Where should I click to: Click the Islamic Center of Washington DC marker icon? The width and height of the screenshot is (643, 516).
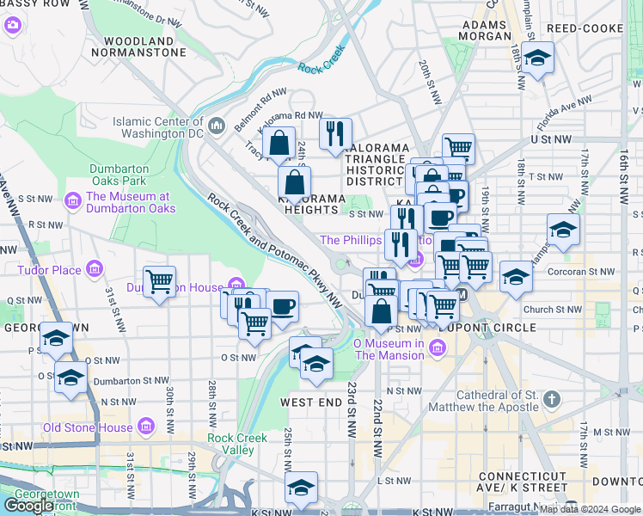pyautogui.click(x=216, y=127)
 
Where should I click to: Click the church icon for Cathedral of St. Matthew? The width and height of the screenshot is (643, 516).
pyautogui.click(x=552, y=401)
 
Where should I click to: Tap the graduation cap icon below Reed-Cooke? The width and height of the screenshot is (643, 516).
pyautogui.click(x=537, y=58)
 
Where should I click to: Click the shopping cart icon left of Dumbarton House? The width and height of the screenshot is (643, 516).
pyautogui.click(x=160, y=281)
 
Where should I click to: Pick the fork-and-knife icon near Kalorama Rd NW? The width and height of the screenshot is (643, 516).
pyautogui.click(x=335, y=133)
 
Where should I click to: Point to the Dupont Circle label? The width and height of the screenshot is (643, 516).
pyautogui.click(x=476, y=328)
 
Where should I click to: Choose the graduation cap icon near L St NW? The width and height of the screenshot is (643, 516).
pyautogui.click(x=302, y=488)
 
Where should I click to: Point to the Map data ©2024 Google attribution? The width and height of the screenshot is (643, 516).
pyautogui.click(x=590, y=509)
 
